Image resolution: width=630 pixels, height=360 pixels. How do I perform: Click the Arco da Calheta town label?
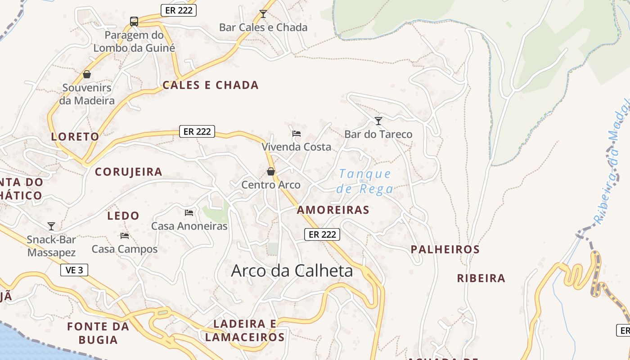(x=292, y=271)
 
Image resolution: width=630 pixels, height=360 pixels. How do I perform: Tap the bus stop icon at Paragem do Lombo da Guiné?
(x=134, y=21)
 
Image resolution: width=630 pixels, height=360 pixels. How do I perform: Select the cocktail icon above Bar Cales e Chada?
(x=263, y=14)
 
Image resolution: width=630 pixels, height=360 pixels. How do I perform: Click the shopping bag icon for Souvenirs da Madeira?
(x=87, y=74)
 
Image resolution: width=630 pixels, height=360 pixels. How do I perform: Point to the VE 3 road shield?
(x=74, y=270)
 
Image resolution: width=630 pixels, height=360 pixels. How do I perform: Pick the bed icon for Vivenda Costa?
(x=296, y=133)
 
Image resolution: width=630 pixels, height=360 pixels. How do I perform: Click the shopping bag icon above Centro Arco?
(x=271, y=171)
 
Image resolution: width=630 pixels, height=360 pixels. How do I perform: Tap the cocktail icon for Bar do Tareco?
(x=378, y=121)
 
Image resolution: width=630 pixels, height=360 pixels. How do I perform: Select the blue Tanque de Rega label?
(x=365, y=181)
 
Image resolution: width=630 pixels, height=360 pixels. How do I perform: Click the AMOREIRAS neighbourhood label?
(x=333, y=210)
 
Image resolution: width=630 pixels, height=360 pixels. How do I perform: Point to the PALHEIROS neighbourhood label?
(x=445, y=249)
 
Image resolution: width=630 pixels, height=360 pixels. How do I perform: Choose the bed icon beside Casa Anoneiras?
(x=189, y=212)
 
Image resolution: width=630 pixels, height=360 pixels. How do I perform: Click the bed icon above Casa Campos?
(x=125, y=235)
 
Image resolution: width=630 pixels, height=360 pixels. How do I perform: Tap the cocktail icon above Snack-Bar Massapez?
(x=51, y=226)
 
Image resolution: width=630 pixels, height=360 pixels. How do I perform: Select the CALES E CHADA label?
(x=211, y=85)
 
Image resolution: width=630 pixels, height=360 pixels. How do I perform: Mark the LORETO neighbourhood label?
(x=75, y=137)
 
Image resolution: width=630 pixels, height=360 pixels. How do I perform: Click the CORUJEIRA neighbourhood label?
(x=129, y=172)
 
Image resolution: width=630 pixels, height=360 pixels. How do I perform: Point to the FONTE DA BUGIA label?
(x=98, y=333)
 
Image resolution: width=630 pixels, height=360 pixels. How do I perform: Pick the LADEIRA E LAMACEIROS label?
(x=245, y=330)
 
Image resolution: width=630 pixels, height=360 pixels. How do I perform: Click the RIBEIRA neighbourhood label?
(x=481, y=278)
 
